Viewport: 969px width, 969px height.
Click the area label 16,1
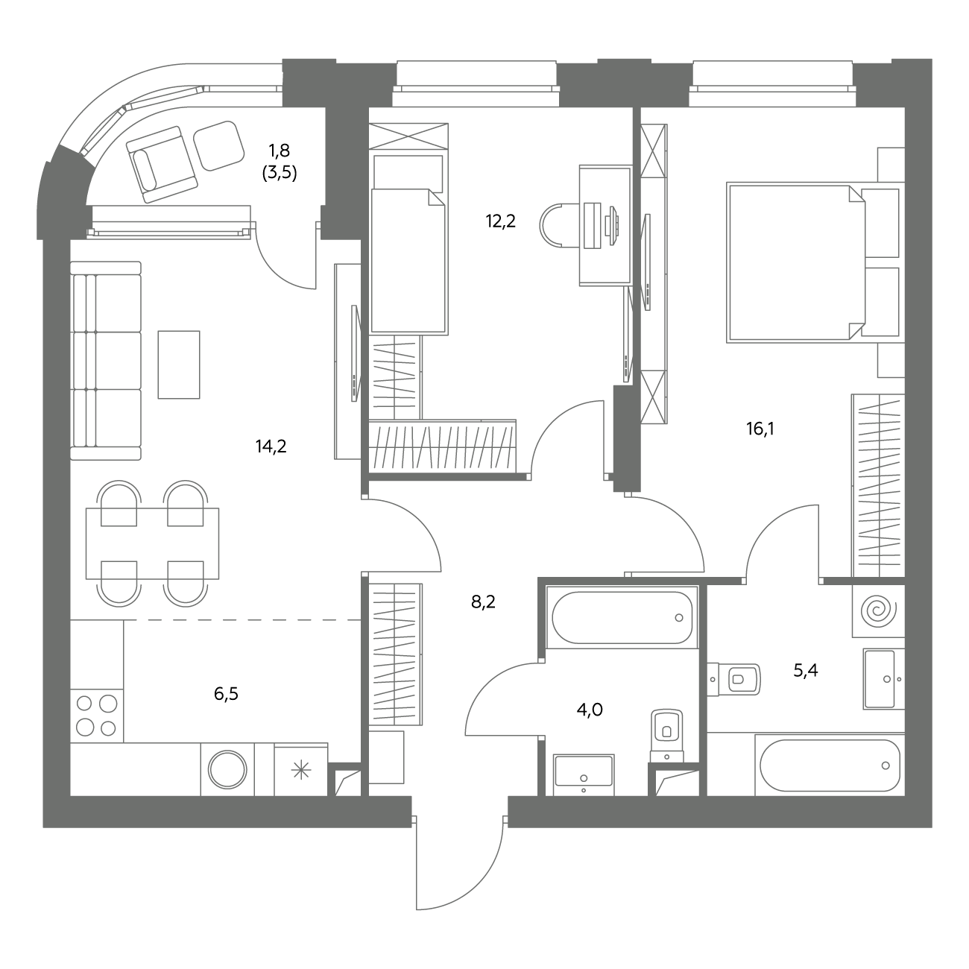760,429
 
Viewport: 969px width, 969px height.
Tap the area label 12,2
500,221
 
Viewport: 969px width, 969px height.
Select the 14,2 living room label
271,446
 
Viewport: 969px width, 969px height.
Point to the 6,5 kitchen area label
226,694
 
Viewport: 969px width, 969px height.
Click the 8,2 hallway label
483,602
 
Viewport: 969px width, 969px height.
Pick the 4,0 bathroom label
590,710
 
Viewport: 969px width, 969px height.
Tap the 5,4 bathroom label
806,670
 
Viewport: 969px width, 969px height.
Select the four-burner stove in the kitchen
97,716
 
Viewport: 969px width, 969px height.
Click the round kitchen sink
227,770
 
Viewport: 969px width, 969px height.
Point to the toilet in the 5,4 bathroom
734,679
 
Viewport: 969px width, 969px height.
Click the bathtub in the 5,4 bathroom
830,766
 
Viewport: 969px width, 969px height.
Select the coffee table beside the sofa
179,364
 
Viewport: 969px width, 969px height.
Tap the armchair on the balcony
162,165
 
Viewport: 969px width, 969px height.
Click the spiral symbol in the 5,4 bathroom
879,611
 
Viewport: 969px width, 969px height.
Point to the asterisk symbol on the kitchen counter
300,770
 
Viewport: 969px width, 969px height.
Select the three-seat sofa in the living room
106,361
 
